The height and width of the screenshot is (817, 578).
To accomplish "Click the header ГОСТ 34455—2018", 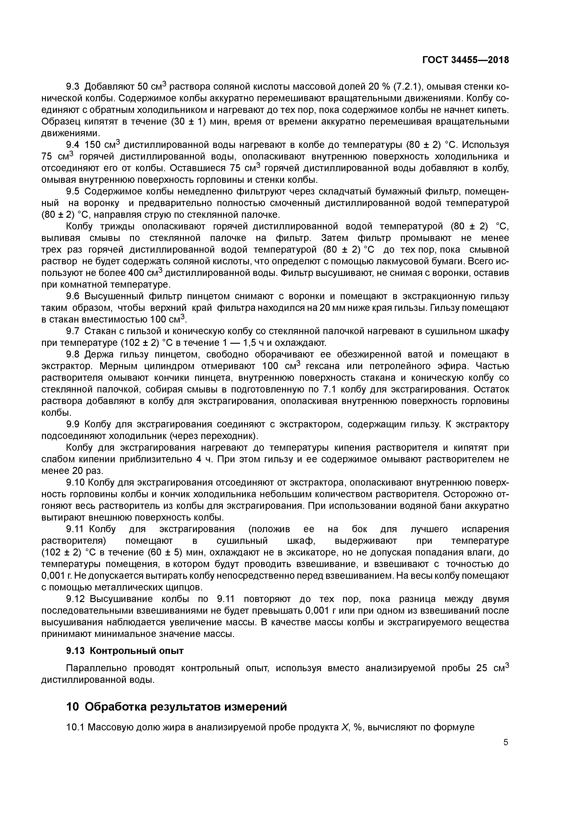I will coord(465,60).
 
